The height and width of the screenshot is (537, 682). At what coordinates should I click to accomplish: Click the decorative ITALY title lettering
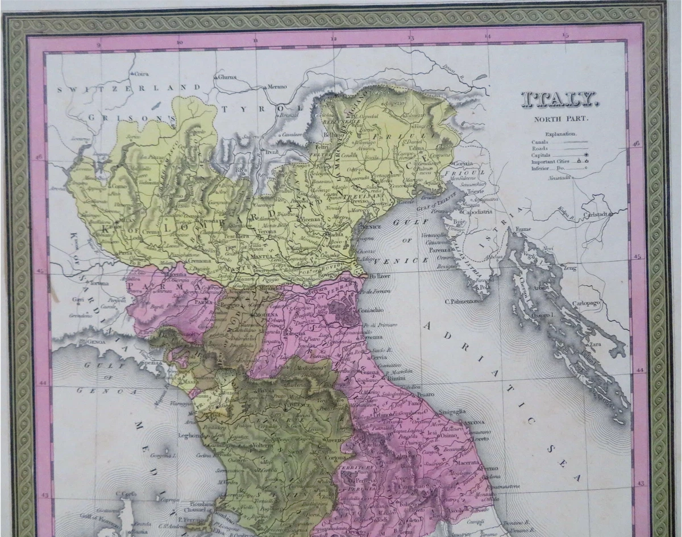pos(560,101)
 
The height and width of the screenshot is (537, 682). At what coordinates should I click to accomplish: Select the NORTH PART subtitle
pos(560,119)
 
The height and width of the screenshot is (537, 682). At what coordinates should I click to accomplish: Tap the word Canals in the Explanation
pos(540,141)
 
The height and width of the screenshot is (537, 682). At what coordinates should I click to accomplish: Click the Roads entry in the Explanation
pos(540,148)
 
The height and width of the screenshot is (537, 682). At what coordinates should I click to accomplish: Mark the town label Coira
pos(140,73)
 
